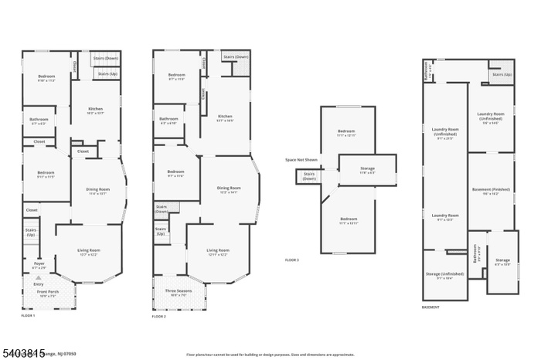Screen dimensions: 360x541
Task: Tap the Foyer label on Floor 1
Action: tap(39, 266)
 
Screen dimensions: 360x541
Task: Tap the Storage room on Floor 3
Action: tap(367, 171)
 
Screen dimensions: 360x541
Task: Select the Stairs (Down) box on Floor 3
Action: tap(309, 177)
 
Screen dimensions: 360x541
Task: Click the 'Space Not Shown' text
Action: tap(301, 160)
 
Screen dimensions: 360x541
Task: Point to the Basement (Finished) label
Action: tap(491, 192)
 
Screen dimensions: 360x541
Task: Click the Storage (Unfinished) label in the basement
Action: tap(444, 276)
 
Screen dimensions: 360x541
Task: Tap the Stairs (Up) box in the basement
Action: tap(501, 75)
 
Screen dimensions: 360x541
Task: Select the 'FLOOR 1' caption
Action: tap(28, 315)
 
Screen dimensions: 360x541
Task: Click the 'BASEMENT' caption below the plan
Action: tap(431, 307)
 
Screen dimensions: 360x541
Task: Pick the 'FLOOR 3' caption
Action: tap(291, 260)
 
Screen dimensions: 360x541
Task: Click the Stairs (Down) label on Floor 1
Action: tap(106, 58)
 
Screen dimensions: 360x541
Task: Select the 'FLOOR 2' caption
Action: tap(158, 317)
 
